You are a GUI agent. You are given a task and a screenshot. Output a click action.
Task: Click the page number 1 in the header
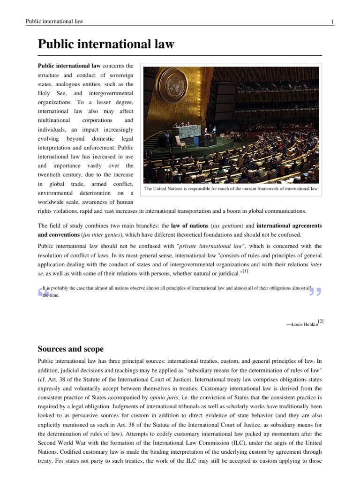[332, 22]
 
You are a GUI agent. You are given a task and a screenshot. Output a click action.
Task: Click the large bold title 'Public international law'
[106, 45]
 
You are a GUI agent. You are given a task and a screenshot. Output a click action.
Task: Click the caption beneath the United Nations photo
[231, 189]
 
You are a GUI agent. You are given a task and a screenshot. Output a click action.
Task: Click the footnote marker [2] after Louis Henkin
[320, 321]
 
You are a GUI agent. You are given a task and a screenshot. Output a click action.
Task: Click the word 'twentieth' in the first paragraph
[52, 174]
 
